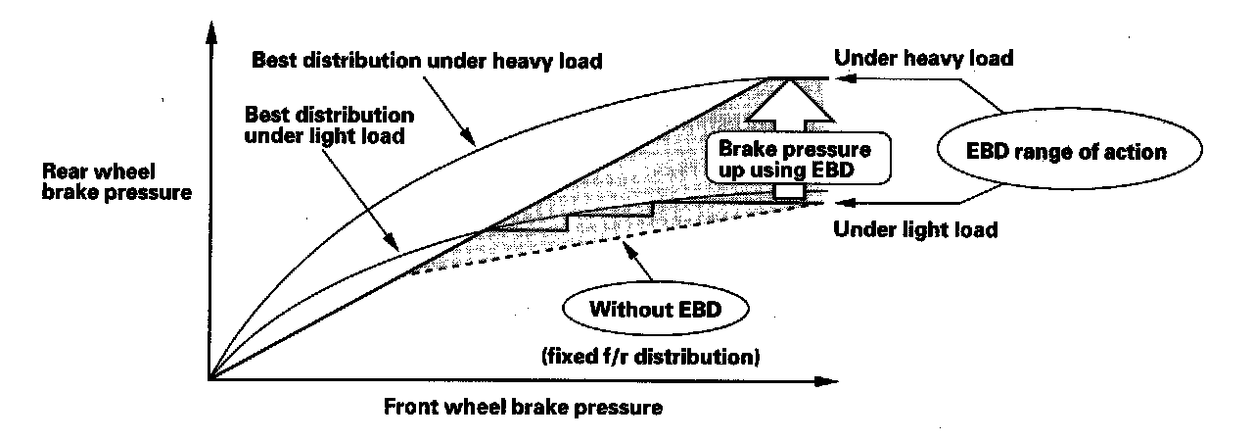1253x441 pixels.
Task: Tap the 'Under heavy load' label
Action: coord(922,58)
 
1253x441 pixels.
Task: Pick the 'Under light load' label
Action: coord(914,231)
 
